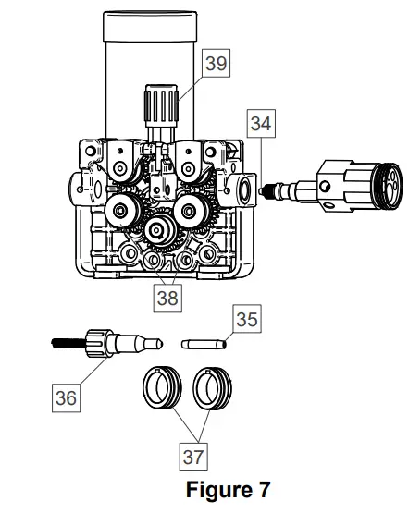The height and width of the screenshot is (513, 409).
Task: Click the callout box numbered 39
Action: pos(217,63)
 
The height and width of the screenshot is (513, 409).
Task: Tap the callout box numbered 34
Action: pos(261,124)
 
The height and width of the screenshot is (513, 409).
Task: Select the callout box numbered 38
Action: pos(167,298)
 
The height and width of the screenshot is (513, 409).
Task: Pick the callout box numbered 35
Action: pos(247,319)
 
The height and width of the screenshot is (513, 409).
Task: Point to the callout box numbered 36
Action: pos(66,397)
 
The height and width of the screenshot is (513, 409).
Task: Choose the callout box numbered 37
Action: pos(193,457)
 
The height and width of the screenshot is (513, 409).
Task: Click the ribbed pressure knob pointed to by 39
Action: pos(161,105)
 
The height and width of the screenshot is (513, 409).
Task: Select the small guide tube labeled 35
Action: pos(204,344)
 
